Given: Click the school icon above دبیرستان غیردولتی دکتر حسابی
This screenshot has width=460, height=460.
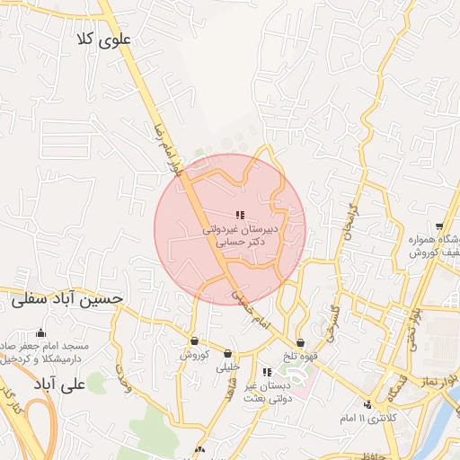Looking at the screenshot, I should click(239, 215).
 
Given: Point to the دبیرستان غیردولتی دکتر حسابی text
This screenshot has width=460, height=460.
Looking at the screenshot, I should click(239, 236).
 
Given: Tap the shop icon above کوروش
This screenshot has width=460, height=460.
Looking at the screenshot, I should click(195, 341).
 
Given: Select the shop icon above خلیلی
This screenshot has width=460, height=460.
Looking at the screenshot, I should click(226, 353).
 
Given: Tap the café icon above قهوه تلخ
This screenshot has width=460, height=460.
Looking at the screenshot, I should click(300, 342).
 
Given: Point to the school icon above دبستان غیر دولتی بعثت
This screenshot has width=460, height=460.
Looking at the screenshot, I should click(267, 372).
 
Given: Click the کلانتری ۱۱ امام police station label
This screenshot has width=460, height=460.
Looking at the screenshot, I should click(365, 419).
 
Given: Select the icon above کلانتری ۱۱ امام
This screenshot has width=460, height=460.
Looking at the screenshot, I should click(367, 403).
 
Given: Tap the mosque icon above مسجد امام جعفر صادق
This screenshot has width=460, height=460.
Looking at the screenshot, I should click(40, 332).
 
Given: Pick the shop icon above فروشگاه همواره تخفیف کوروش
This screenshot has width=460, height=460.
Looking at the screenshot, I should click(438, 226).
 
